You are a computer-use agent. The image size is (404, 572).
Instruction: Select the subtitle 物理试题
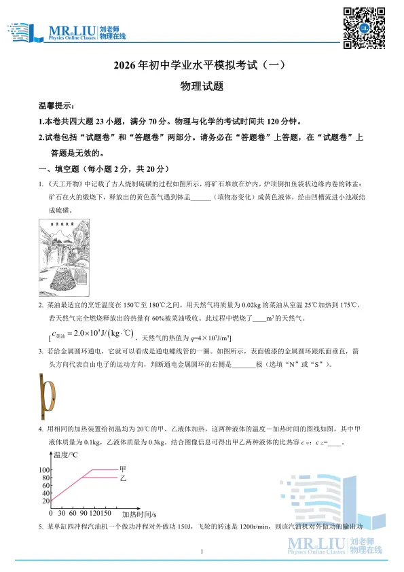pos(202,86)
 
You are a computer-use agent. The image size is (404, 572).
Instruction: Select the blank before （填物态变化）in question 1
pos(202,197)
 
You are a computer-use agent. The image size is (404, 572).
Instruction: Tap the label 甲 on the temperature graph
pos(123,469)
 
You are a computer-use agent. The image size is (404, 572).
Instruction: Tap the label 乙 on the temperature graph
pos(123,478)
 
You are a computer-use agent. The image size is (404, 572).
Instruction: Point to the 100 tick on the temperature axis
pos(45,470)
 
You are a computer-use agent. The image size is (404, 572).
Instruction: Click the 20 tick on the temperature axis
pos(45,501)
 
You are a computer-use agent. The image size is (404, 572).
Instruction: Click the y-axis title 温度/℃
pos(66,455)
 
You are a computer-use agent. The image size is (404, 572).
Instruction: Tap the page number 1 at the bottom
pos(202,558)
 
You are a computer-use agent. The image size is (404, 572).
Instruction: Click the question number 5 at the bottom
pos(41,526)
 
